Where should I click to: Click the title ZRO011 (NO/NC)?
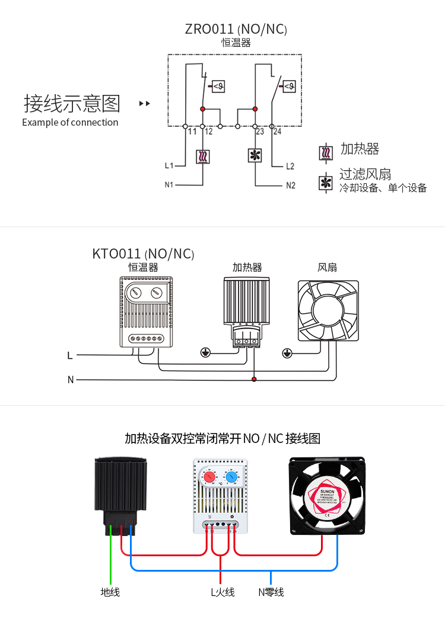coord(236,29)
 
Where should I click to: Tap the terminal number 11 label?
coord(192,132)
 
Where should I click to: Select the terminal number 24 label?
coord(277,132)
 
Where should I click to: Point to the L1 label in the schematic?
coord(169,165)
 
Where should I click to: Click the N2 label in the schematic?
coord(290,185)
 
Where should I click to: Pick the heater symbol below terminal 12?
coord(203,157)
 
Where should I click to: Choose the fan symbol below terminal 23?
coord(255,156)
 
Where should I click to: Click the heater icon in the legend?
coord(326,152)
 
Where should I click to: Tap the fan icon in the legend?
coord(326,182)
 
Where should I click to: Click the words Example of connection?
coord(70,123)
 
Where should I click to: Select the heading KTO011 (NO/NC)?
coord(144,254)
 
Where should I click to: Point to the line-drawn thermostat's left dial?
coord(135,292)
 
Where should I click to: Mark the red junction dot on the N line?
coord(254,379)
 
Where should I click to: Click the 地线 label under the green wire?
coord(110,592)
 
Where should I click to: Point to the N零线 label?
coord(271,592)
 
